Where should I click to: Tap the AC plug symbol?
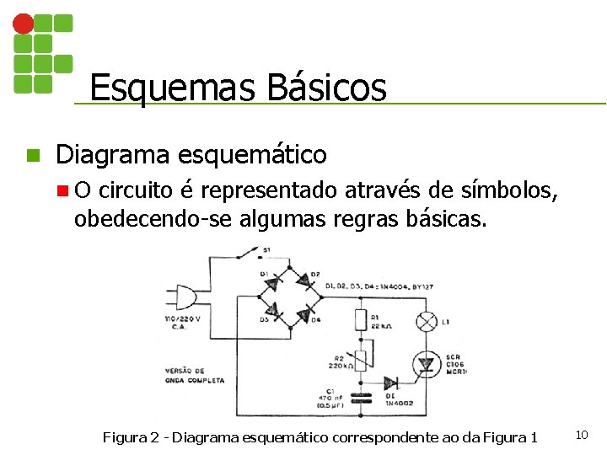tap(182, 297)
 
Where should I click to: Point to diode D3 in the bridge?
tap(273, 310)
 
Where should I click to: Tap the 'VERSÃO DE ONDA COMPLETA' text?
tap(195, 376)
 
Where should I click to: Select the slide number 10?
tap(581, 435)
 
